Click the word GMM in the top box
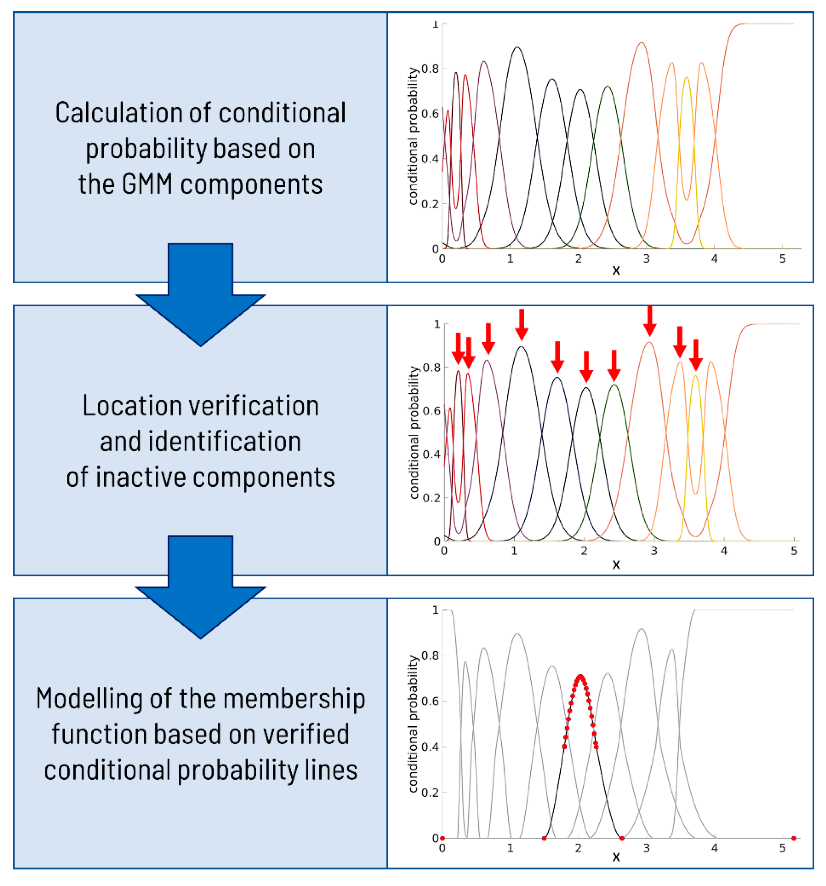146,185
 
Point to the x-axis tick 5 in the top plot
782,259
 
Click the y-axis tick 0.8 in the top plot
430,69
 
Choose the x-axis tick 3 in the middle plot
654,551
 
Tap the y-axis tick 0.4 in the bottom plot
430,747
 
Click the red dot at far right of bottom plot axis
794,838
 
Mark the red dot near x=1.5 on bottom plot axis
544,838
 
